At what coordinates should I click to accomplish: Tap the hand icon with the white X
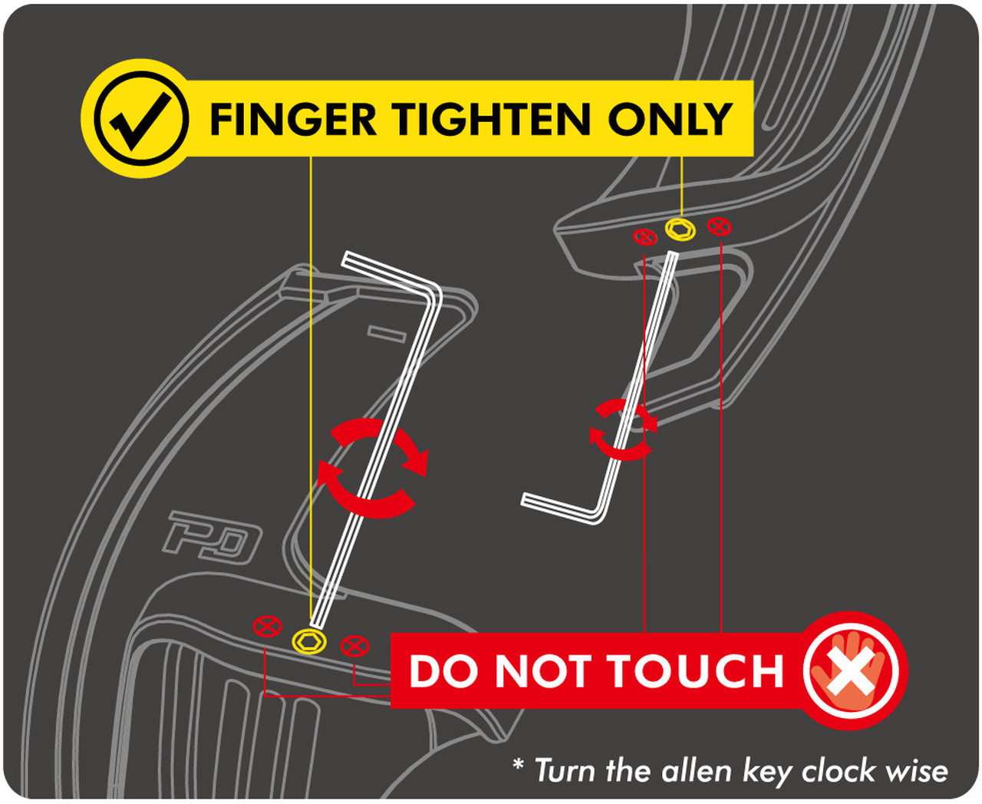(x=850, y=671)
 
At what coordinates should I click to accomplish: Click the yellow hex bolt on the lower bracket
(x=308, y=642)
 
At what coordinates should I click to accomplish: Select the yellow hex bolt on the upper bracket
(x=680, y=229)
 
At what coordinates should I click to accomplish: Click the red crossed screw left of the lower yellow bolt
(x=267, y=626)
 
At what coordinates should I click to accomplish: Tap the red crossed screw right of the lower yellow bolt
(x=354, y=646)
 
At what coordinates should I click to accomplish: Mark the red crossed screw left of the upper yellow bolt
(x=645, y=237)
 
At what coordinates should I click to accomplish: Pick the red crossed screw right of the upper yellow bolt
(x=720, y=227)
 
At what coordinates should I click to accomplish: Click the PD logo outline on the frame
(x=212, y=538)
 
